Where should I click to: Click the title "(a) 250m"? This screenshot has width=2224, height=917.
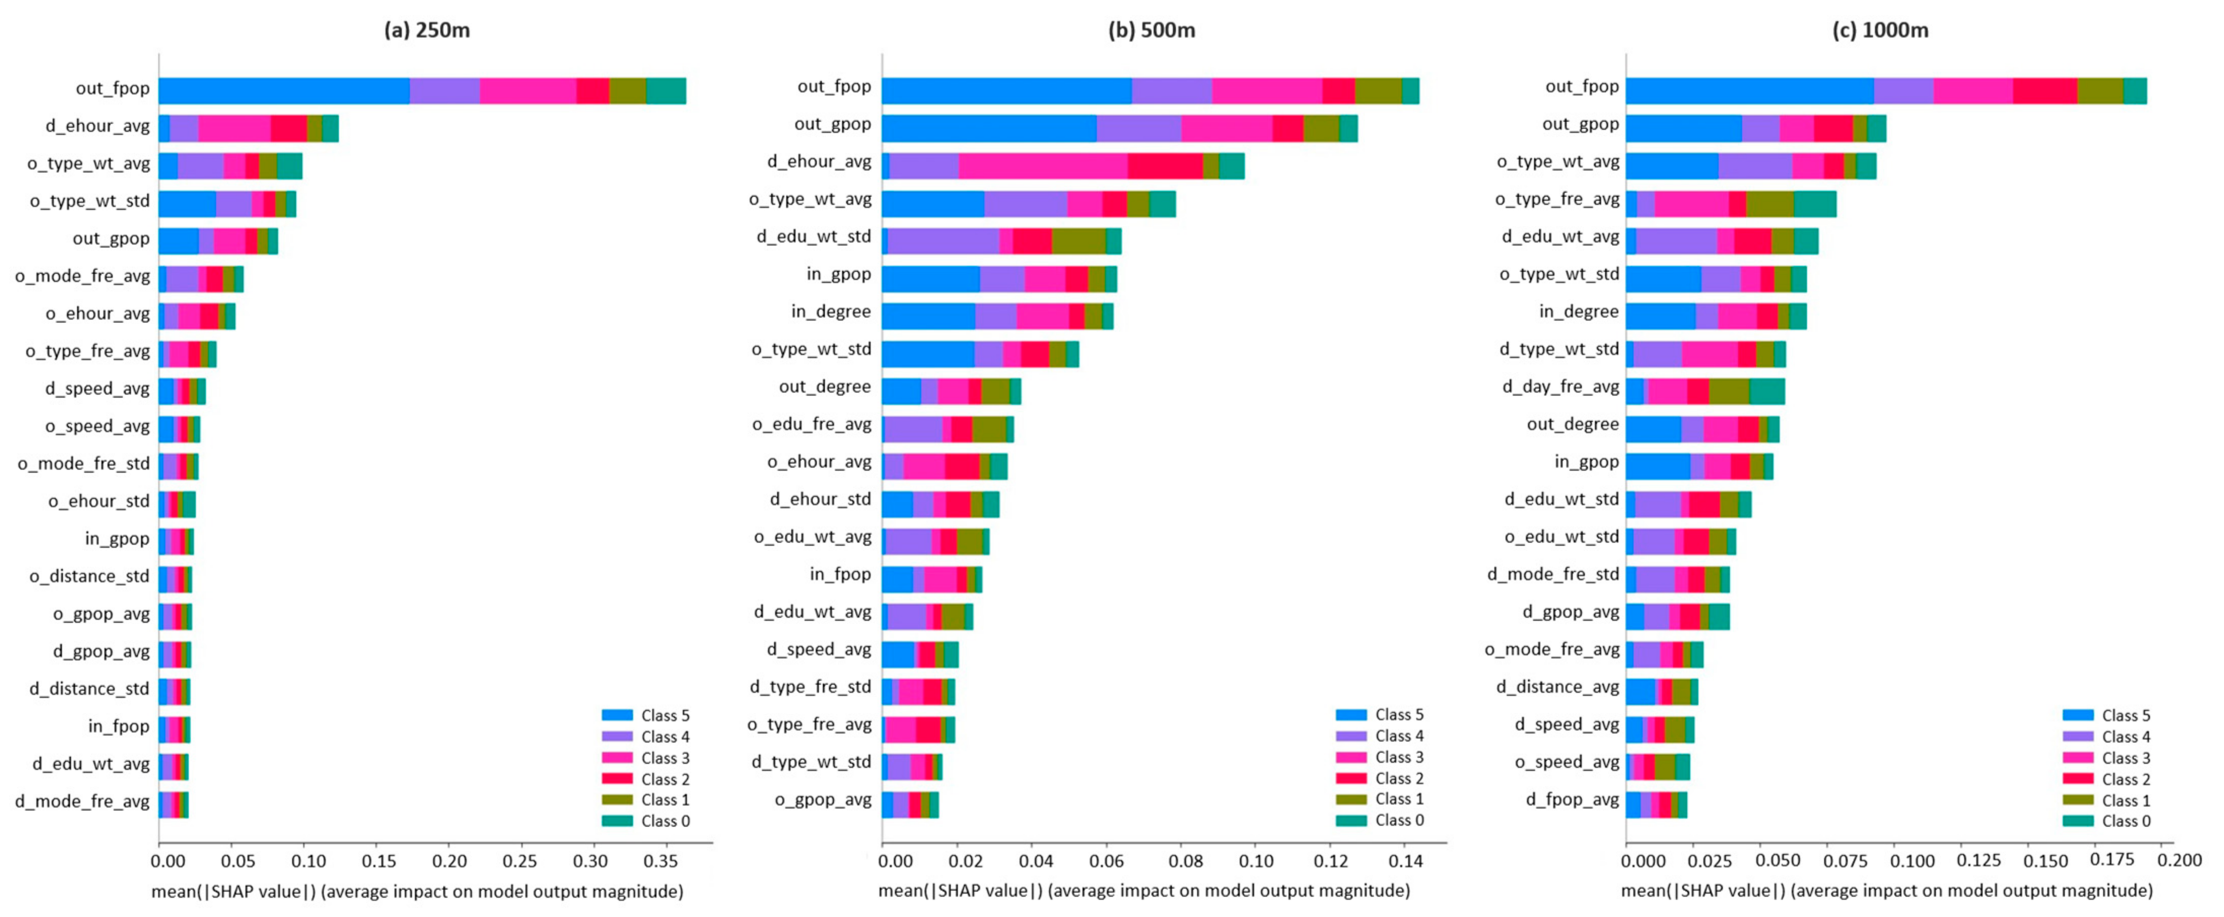point(427,30)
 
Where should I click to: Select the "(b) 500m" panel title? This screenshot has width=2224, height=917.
point(1152,30)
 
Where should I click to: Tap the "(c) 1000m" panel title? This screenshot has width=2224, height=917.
point(1881,30)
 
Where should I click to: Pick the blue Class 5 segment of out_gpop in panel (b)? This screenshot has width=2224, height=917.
point(989,128)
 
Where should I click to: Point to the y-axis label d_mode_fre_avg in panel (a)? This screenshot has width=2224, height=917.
point(82,801)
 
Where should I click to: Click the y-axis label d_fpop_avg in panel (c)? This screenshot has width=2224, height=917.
point(1571,799)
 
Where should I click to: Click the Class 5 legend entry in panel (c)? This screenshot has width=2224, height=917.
point(2126,715)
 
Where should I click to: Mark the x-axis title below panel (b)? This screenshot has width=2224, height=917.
point(1144,890)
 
